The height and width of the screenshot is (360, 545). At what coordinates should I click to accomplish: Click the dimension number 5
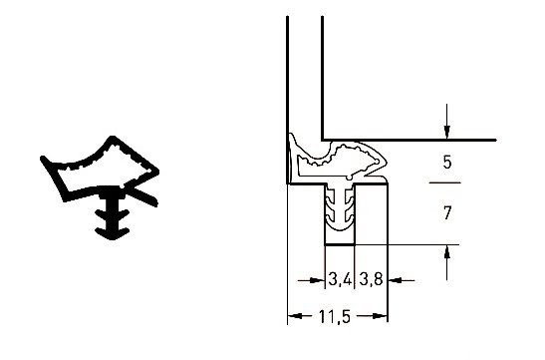tap(447, 163)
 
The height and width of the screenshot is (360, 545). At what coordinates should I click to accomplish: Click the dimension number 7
tap(447, 212)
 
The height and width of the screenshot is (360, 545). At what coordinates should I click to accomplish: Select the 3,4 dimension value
tap(340, 279)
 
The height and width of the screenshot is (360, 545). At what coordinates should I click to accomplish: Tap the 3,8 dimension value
tap(371, 279)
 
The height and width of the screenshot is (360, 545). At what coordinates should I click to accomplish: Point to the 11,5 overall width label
tap(335, 316)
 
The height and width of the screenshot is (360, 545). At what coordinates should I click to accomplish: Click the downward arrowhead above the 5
tap(447, 133)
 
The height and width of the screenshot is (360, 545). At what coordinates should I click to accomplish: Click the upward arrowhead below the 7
tap(447, 252)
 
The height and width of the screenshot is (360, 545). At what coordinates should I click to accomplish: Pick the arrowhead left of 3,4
tap(317, 280)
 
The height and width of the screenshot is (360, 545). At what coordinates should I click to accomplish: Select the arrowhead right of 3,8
tap(396, 279)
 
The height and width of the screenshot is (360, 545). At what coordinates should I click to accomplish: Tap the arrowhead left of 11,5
tap(296, 316)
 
